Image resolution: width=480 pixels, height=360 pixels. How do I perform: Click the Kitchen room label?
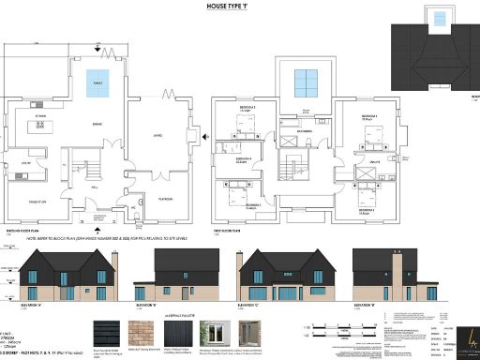pos(41,116)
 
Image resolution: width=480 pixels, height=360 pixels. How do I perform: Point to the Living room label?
pos(157,134)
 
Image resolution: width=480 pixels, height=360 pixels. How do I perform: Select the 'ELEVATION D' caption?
pos(367,305)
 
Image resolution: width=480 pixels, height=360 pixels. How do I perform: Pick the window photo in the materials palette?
pos(222,332)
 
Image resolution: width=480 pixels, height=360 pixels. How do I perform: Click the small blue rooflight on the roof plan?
pos(437,17)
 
